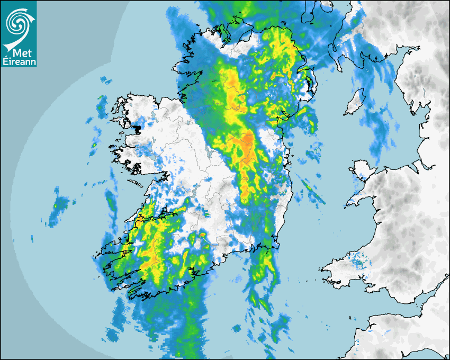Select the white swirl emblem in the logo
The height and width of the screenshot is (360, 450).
pyautogui.click(x=19, y=22)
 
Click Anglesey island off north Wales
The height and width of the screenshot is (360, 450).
pyautogui.click(x=361, y=171)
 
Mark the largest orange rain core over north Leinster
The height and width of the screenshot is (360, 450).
pyautogui.click(x=247, y=142)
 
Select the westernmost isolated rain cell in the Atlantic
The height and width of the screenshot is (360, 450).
pyautogui.click(x=55, y=205)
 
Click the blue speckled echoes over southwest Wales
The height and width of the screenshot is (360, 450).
pyautogui.click(x=360, y=262)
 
